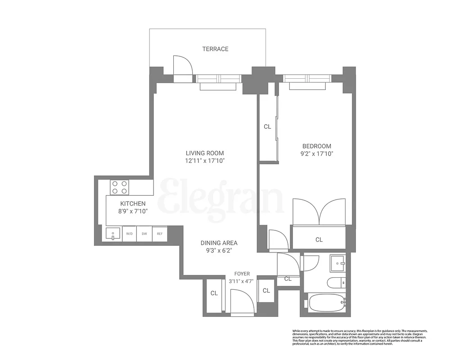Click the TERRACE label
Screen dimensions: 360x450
point(215,49)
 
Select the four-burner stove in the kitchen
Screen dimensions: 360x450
point(120,187)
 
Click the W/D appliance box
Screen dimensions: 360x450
point(129,234)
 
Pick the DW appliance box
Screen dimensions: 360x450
point(144,234)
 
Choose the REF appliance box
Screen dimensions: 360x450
point(159,234)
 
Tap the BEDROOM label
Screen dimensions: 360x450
point(316,146)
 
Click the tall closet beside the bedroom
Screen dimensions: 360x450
point(267,127)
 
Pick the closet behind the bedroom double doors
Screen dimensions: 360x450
point(319,239)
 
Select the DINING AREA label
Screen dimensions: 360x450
point(219,243)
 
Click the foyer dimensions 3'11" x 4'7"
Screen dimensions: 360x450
point(242,281)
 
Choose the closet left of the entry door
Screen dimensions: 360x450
point(214,293)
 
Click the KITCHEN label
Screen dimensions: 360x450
point(132,204)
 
